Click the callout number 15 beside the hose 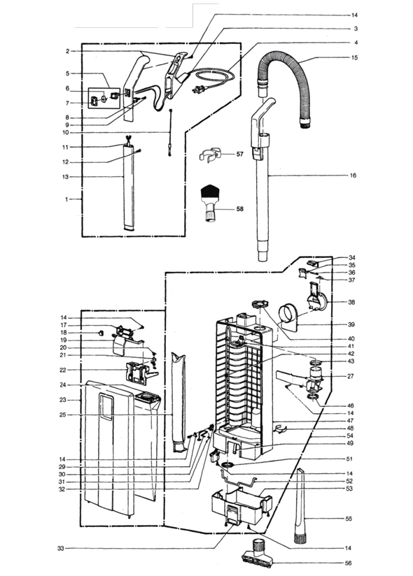coord(354,58)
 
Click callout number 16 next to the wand coord(353,175)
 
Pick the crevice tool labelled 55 coord(302,506)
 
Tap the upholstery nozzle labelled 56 coord(259,554)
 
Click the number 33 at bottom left coord(61,549)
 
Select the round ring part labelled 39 coord(288,315)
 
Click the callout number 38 coord(351,302)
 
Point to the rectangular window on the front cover coord(106,407)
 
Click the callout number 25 coord(62,415)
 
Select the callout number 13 coord(66,177)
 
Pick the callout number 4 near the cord coord(356,43)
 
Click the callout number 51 coord(349,459)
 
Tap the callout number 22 coord(63,370)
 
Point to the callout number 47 coord(350,421)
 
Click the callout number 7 coord(67,103)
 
